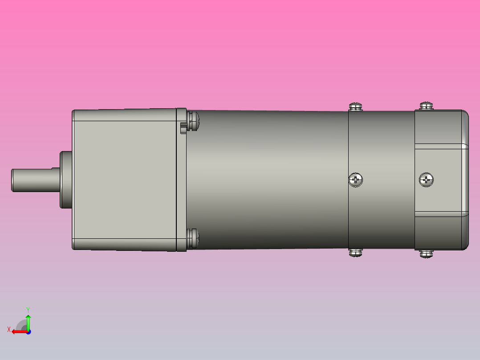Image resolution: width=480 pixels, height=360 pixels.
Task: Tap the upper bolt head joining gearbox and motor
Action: click(x=193, y=121)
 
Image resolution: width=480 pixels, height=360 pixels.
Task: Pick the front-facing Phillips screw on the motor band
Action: click(x=356, y=180)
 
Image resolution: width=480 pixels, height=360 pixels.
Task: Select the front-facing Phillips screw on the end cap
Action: click(x=427, y=180)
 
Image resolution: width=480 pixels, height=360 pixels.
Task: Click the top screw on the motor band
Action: click(x=355, y=106)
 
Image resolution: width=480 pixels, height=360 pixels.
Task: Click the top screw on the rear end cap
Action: click(x=426, y=106)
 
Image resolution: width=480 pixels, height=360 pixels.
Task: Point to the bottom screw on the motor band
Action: click(x=355, y=253)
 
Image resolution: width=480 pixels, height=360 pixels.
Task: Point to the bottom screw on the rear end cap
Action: click(x=426, y=254)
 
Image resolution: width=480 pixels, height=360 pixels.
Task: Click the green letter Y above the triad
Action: click(x=28, y=309)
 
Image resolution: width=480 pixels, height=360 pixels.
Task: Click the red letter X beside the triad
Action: click(x=8, y=330)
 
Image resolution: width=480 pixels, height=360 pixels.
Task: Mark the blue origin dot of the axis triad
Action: click(x=28, y=331)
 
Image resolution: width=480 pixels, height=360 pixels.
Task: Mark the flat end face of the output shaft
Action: click(x=12, y=180)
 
